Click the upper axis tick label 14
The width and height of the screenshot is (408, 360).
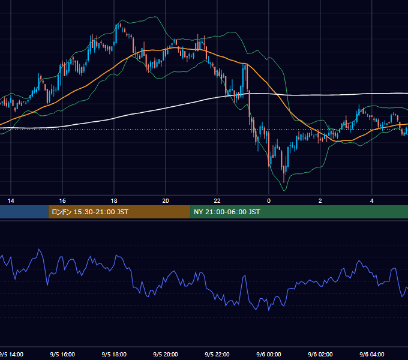(11, 201)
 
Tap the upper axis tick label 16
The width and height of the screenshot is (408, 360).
(62, 201)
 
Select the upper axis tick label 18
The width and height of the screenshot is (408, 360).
(114, 201)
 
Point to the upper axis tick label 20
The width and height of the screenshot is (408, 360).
(166, 201)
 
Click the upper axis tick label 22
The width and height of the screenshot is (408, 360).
(217, 201)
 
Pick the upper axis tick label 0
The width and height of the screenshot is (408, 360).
(269, 201)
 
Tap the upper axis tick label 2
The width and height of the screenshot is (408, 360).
(320, 201)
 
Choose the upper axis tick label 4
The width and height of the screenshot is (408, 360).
(372, 201)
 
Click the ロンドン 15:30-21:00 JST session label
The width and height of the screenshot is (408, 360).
(90, 212)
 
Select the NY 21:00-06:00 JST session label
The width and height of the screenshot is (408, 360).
(227, 212)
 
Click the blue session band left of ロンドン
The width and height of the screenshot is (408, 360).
(24, 212)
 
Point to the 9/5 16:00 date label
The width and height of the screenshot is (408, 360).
(62, 354)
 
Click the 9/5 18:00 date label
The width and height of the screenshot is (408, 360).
(114, 354)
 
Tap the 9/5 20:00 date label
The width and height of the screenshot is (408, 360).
(166, 354)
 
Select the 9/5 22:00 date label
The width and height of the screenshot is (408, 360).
(217, 354)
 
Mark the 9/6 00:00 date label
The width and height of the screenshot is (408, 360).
(269, 354)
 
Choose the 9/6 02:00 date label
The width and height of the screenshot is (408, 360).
(320, 354)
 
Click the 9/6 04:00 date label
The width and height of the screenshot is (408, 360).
(372, 354)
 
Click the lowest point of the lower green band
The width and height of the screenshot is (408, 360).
(284, 191)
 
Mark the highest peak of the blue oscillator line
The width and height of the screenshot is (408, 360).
(39, 249)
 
